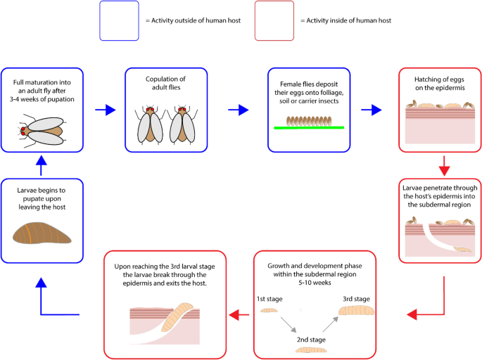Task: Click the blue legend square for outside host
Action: click(x=119, y=20)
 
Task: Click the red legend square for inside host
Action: click(x=274, y=20)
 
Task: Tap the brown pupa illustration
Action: click(x=42, y=233)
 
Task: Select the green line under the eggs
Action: click(x=309, y=127)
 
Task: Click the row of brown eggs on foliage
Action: click(x=309, y=121)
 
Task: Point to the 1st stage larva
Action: click(x=269, y=311)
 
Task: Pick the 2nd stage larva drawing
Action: click(x=311, y=349)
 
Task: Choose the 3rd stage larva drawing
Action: click(x=356, y=310)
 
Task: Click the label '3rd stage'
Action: click(x=356, y=299)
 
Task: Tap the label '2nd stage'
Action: click(x=311, y=340)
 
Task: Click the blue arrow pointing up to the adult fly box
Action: click(x=41, y=165)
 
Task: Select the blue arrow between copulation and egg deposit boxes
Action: click(x=239, y=110)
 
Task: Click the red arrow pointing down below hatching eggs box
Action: click(x=444, y=166)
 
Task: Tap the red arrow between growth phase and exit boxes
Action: click(x=239, y=315)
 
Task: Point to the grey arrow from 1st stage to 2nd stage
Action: click(x=288, y=325)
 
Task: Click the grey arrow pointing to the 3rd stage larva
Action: click(x=331, y=324)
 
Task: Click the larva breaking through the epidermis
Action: click(x=177, y=317)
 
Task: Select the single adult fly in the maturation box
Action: click(x=42, y=131)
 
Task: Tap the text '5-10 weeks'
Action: click(x=315, y=283)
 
